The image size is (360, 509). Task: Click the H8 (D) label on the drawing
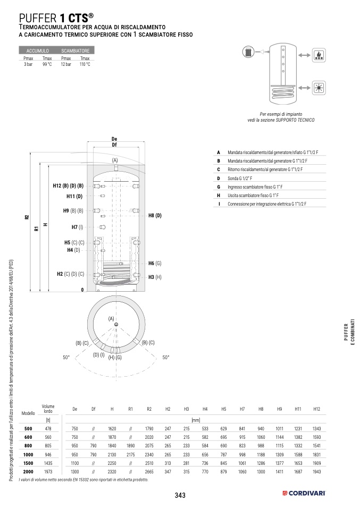155,215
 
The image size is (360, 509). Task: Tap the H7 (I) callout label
78,227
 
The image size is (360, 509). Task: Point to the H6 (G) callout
155,263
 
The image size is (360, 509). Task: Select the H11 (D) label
74,196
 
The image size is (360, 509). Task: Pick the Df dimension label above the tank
114,145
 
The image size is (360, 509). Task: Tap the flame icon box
318,55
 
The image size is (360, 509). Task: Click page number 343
180,495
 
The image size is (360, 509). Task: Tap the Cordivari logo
304,494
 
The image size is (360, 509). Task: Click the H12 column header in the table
317,409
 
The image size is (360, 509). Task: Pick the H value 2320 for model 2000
112,471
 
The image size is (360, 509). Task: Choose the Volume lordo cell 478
48,428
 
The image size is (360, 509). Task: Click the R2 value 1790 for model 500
149,428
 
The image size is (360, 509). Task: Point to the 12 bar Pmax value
66,64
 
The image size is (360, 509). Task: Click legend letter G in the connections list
219,187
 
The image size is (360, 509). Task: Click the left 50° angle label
66,358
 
